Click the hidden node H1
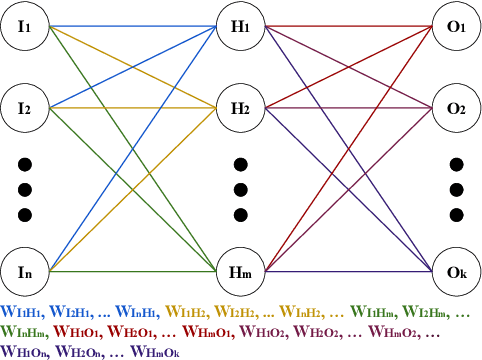(240, 26)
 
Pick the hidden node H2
(240, 107)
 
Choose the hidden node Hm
(240, 270)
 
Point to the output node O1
(456, 26)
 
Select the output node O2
(456, 107)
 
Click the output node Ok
(456, 270)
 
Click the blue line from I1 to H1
(130, 26)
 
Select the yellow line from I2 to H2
(130, 107)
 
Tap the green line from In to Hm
(130, 270)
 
